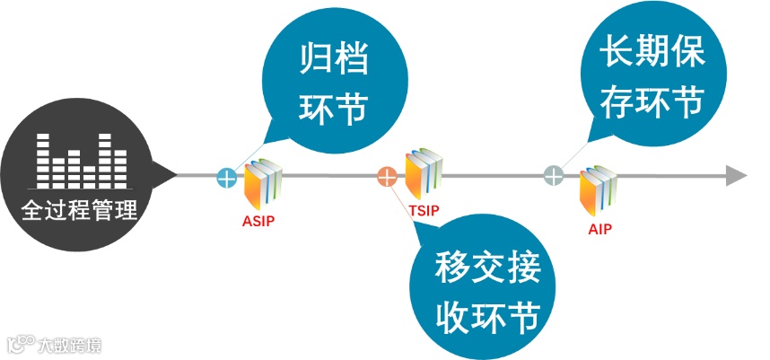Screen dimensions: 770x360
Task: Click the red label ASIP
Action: (x=258, y=219)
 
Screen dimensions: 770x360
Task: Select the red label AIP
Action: (x=599, y=229)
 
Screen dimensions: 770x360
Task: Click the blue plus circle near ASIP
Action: (x=227, y=177)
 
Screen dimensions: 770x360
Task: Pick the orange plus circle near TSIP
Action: (x=387, y=177)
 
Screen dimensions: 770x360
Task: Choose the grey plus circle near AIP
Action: (x=555, y=175)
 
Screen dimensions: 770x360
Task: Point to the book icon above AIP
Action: (x=598, y=190)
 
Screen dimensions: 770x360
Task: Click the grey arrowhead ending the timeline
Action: (x=736, y=175)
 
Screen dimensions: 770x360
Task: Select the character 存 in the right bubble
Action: (x=602, y=101)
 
